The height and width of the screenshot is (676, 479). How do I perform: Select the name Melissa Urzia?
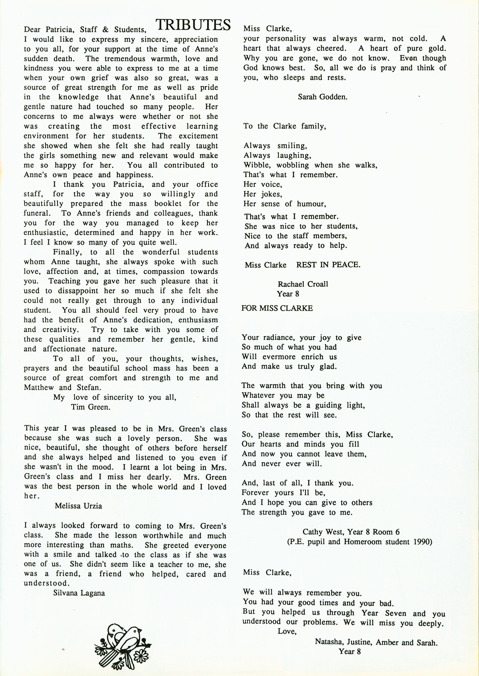coord(78,506)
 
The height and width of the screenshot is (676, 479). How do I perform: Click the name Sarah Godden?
coord(322,97)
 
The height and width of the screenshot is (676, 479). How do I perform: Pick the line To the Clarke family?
coord(285,126)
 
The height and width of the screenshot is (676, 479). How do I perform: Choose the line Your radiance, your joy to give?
coord(301,337)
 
